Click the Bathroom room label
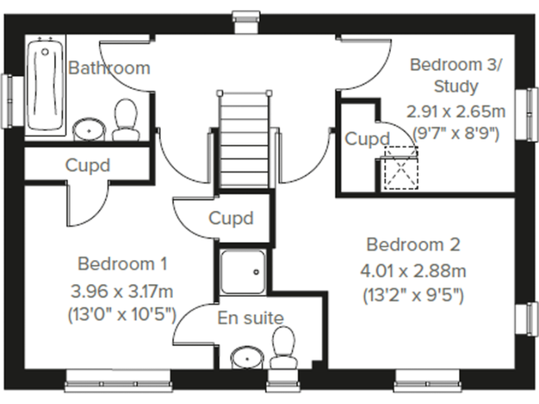[x=109, y=68]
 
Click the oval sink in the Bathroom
[x=89, y=128]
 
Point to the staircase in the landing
[x=245, y=140]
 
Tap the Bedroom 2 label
[x=413, y=245]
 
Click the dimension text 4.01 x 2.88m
[x=413, y=271]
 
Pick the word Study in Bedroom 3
[x=456, y=87]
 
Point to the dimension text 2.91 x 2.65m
[x=456, y=111]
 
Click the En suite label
[x=251, y=318]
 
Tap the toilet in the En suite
[x=283, y=347]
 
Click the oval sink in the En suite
[x=247, y=356]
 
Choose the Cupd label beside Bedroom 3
[x=366, y=139]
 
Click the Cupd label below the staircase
[x=231, y=218]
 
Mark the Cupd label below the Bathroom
[x=88, y=166]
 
